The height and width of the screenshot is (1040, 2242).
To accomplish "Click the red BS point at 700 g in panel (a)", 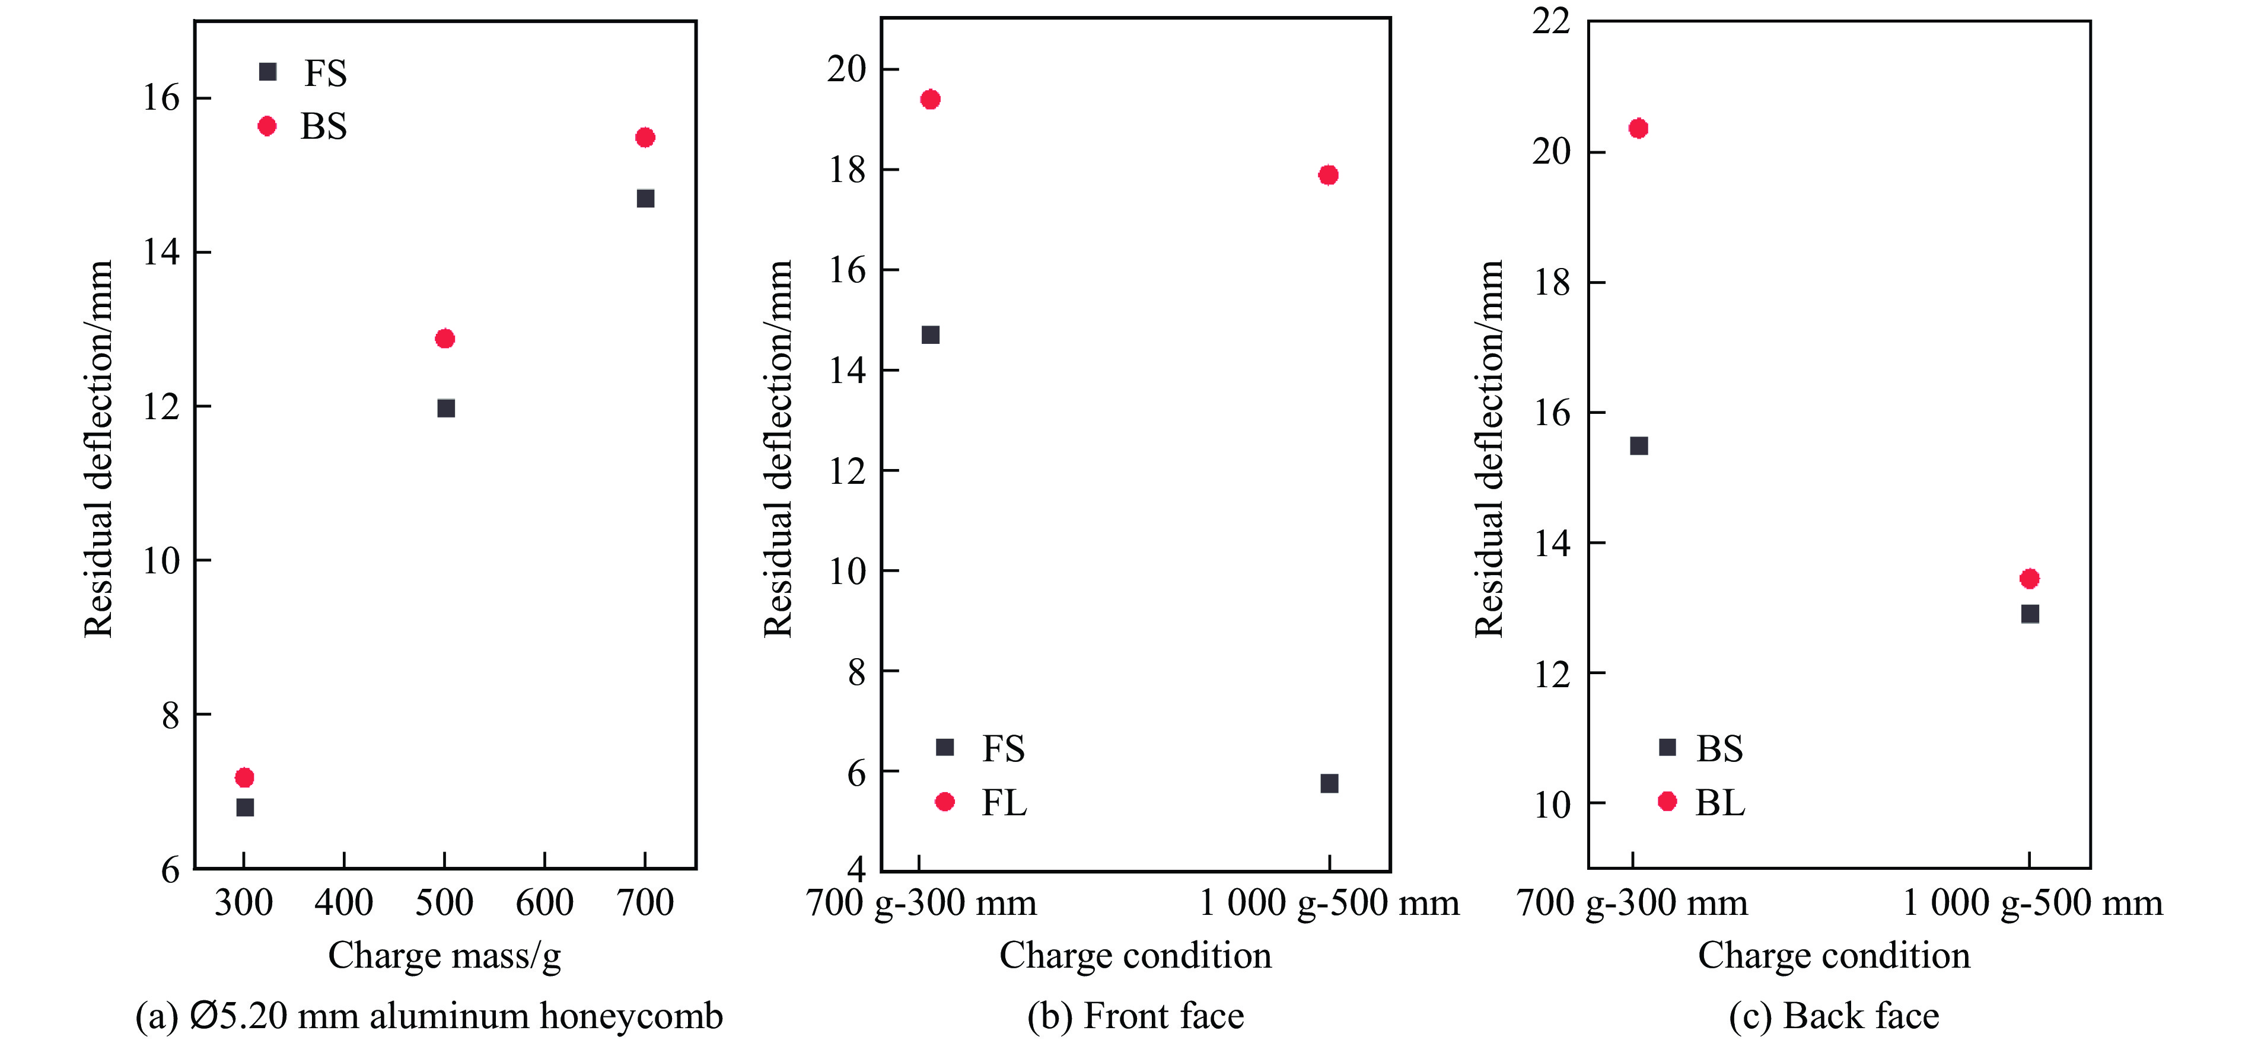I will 645,138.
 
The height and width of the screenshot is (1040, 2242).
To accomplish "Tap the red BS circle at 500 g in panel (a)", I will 445,339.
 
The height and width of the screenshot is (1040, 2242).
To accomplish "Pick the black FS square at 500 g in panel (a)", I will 445,408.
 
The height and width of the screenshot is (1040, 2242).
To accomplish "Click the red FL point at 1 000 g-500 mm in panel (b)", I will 1328,175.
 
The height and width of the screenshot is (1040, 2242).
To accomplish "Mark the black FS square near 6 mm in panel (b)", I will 1329,783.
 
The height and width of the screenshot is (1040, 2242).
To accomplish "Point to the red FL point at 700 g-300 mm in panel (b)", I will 931,99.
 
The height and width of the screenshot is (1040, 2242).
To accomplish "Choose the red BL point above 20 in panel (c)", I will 1638,129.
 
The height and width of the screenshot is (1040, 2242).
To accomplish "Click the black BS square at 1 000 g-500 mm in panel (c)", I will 2030,614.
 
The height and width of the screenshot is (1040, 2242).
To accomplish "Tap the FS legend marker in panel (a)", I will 268,72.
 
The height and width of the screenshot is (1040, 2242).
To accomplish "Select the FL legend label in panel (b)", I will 1004,802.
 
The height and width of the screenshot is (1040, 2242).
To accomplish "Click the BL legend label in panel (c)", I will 1720,802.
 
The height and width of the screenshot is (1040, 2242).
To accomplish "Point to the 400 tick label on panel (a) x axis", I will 344,902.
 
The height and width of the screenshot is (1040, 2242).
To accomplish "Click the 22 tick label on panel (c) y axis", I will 1551,21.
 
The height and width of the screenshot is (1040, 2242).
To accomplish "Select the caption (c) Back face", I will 1834,1016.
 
